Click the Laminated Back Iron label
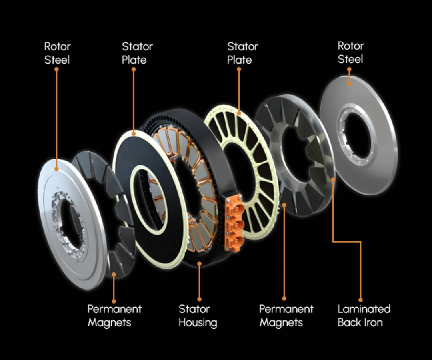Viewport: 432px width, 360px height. tap(364, 316)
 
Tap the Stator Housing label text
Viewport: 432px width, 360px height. tap(198, 316)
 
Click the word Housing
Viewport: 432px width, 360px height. tap(198, 322)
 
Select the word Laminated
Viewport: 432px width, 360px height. tap(364, 309)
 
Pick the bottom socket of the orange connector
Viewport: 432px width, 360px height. tap(236, 241)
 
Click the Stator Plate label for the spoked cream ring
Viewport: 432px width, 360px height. tap(242, 53)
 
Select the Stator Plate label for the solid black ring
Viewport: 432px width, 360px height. tap(137, 53)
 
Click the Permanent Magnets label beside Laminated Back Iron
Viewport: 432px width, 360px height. tap(286, 316)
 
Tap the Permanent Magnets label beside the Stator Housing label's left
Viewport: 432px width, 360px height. tap(114, 316)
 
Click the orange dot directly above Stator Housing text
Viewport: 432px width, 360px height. tap(199, 299)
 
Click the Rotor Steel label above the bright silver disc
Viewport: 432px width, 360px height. tap(57, 53)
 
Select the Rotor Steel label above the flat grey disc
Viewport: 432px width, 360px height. tap(350, 52)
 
